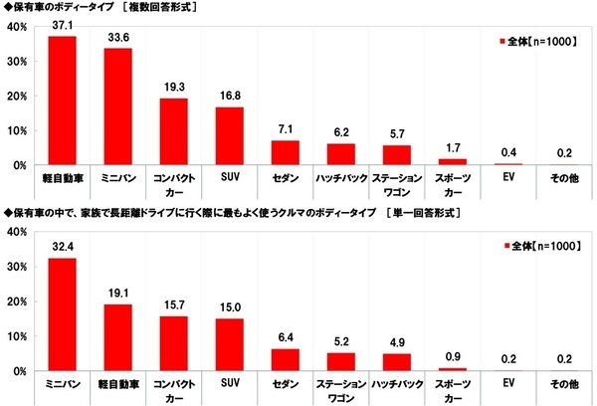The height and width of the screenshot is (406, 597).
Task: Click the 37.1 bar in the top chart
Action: (x=62, y=101)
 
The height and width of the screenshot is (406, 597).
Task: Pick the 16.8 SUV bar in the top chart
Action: (x=229, y=135)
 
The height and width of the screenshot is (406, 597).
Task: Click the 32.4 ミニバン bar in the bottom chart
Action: (x=62, y=314)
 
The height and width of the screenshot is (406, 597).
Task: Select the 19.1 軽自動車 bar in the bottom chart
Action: (x=117, y=337)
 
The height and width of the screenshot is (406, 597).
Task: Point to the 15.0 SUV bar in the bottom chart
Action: (x=229, y=344)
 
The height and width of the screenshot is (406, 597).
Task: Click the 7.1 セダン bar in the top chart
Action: (x=286, y=152)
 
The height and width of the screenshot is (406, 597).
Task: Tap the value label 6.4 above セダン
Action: (x=286, y=338)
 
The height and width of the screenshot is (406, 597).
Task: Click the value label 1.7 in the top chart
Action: (x=452, y=148)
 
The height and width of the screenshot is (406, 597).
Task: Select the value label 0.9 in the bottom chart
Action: (x=452, y=357)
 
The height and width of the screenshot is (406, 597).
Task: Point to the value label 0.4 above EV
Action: (x=508, y=152)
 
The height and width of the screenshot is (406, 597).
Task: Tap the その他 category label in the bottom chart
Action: (x=564, y=382)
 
